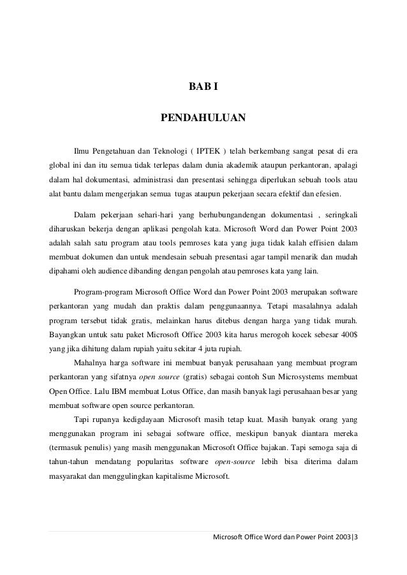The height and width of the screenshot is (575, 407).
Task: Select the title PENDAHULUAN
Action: pos(203,119)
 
